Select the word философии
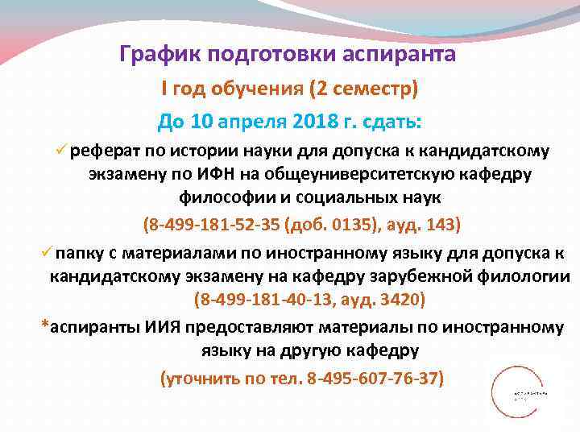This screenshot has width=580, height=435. point(217,198)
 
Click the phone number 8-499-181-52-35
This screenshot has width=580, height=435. point(211,222)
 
